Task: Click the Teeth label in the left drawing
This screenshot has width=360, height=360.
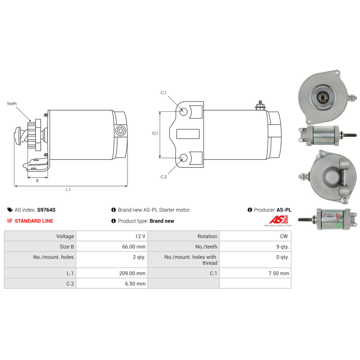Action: tap(12, 104)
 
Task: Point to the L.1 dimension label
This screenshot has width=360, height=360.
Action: tap(68, 190)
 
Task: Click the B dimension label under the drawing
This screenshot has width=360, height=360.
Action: tap(37, 181)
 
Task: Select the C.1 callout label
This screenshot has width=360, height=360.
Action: tap(163, 93)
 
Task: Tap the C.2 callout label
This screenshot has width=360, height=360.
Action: tap(163, 176)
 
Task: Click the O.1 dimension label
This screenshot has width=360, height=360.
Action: tap(155, 133)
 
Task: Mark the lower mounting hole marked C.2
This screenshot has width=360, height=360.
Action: tap(183, 157)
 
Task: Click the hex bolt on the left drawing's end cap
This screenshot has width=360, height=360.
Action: tap(120, 131)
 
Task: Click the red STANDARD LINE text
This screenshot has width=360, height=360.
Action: tap(34, 221)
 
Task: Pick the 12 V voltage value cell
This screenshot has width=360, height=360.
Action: tap(112, 237)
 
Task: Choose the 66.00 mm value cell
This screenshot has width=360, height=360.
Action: tap(112, 247)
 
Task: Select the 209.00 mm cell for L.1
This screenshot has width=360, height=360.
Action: tap(112, 273)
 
